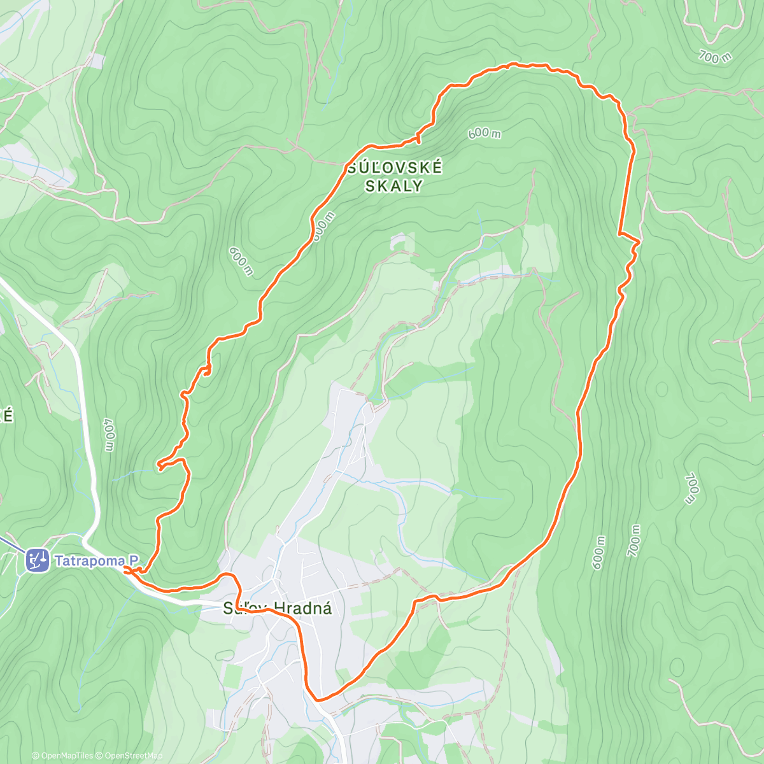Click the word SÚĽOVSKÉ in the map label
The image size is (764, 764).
(395, 168)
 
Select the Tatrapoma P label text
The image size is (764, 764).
(96, 561)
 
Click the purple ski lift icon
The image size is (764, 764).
(37, 560)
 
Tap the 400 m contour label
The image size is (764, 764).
(109, 435)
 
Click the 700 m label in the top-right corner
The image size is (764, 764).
(715, 57)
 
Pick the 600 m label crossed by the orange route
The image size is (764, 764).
(322, 227)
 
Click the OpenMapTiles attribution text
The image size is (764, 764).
(66, 756)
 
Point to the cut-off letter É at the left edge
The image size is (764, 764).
(7, 416)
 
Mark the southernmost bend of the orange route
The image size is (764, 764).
(317, 699)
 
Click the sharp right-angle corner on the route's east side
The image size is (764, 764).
(619, 234)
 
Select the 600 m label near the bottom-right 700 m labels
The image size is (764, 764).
(598, 553)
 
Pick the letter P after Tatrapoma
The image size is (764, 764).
(134, 561)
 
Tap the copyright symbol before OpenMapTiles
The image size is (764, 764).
(36, 756)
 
